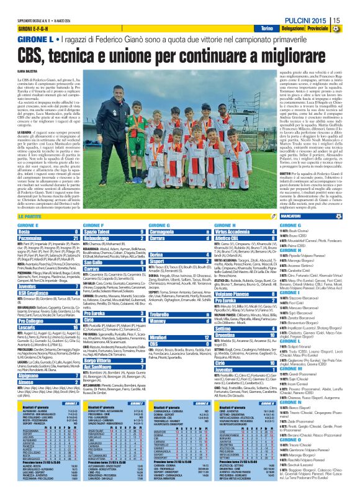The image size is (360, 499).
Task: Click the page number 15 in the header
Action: point(351,5)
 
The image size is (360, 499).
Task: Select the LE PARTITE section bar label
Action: point(30,216)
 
